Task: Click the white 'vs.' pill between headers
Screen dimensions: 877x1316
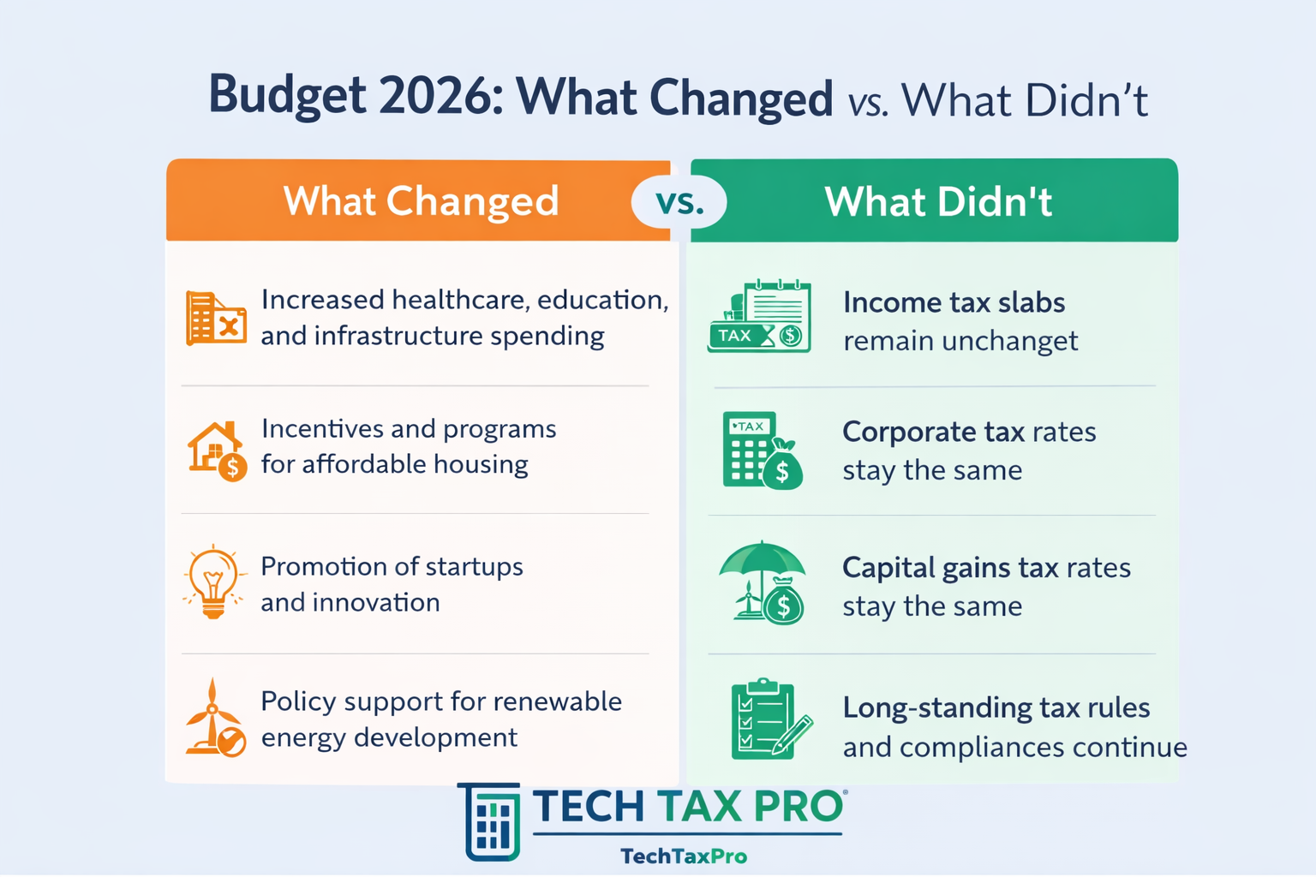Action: [x=679, y=203]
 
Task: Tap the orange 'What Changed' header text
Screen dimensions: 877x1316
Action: [x=421, y=201]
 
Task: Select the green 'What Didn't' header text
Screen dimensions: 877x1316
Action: [x=938, y=202]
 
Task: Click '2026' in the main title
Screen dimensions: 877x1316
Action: [x=434, y=96]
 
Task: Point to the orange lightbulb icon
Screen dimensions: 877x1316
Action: [x=213, y=582]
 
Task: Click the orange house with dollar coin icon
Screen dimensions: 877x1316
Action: [x=217, y=450]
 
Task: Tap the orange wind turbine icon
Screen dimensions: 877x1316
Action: [x=215, y=719]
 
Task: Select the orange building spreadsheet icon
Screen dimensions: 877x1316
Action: [x=215, y=319]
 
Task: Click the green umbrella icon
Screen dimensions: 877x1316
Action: [x=763, y=583]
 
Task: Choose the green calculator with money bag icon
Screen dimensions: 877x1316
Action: [x=762, y=450]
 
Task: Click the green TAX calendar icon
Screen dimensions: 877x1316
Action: [x=760, y=317]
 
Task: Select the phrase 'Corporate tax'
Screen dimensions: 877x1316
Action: [x=933, y=432]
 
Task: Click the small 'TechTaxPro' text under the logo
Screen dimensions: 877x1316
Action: [x=683, y=856]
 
